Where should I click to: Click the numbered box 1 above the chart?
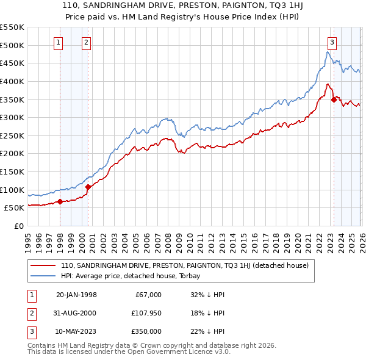click(59, 42)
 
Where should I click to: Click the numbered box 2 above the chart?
click(86, 42)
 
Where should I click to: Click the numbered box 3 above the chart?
click(332, 42)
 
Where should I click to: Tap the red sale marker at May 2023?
click(334, 99)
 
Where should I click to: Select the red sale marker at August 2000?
click(88, 187)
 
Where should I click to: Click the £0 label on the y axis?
click(18, 226)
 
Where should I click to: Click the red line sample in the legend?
click(43, 265)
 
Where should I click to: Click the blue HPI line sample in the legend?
click(43, 276)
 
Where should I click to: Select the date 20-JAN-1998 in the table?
click(76, 295)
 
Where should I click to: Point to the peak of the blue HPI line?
click(326, 52)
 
